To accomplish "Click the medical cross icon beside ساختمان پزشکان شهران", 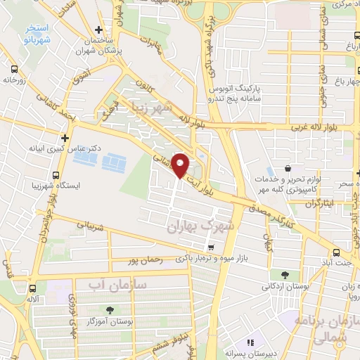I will [98, 30].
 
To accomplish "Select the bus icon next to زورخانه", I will [14, 69].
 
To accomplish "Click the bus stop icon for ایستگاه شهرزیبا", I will [57, 175].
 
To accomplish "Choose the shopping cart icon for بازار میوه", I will [211, 247].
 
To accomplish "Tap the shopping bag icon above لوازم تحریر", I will [288, 169].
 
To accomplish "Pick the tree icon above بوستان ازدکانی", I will [285, 275].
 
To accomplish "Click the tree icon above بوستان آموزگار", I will [109, 310].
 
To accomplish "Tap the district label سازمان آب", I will [117, 284].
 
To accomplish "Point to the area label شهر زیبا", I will [150, 108].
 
